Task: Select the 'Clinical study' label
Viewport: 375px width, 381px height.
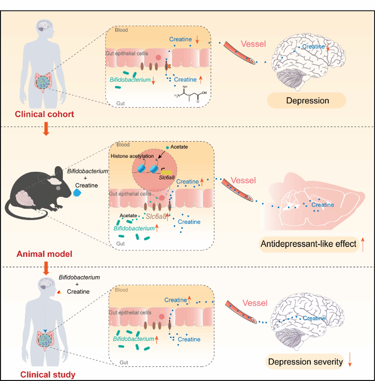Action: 48,375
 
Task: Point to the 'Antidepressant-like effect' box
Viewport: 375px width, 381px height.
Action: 308,244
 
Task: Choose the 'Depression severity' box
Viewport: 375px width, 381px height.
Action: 305,362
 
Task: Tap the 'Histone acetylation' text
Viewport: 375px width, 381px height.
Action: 135,156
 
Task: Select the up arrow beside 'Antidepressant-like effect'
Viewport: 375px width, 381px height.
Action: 363,244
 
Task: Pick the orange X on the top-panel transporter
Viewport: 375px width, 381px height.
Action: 169,69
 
